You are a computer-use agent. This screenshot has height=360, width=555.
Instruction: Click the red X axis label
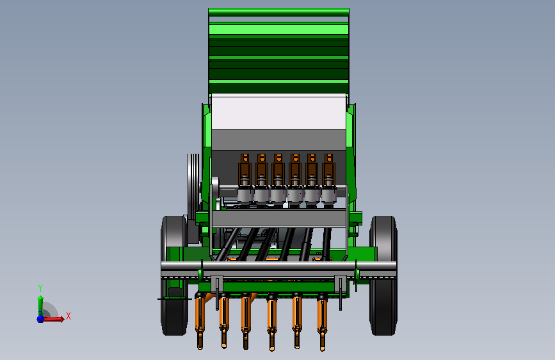[x=68, y=316]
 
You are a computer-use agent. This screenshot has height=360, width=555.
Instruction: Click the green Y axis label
[x=40, y=288]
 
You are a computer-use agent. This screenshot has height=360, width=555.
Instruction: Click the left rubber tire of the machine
[x=174, y=275]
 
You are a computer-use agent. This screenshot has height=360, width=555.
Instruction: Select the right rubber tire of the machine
[x=383, y=275]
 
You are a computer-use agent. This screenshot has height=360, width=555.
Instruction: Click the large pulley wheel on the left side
[x=193, y=187]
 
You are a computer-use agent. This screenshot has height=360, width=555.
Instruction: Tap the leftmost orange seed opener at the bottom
[x=200, y=322]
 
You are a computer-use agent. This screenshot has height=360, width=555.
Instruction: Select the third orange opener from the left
[x=246, y=322]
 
